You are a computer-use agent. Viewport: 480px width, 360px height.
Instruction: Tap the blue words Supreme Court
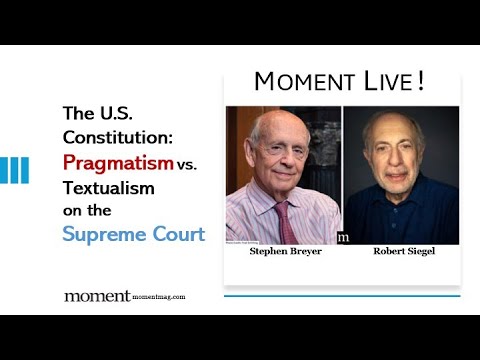coord(133,235)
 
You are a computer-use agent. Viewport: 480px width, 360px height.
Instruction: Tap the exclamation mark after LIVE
coord(421,81)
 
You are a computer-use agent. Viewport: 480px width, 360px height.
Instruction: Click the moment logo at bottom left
coord(97,296)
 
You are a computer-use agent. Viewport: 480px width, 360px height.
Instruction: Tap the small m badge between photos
coord(343,237)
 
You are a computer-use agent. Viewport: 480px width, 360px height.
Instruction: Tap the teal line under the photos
coord(341,296)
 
